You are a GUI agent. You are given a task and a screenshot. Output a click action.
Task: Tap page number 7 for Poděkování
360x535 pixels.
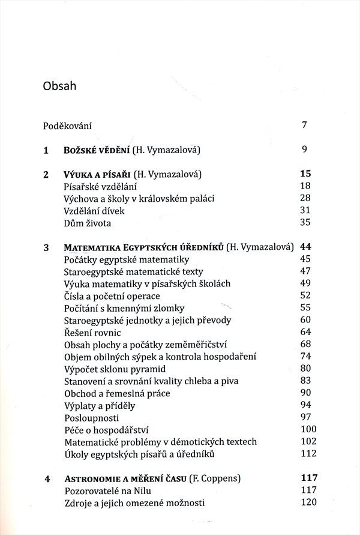point(305,125)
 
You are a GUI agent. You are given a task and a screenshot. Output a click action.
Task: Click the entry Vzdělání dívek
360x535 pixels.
point(94,211)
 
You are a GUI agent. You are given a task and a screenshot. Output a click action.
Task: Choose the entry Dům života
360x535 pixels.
point(87,223)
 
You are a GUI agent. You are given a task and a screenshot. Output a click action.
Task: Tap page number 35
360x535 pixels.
point(305,223)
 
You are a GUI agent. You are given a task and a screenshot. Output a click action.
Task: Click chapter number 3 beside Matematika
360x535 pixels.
point(46,247)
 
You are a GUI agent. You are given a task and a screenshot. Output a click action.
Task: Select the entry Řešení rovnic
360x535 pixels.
point(92,332)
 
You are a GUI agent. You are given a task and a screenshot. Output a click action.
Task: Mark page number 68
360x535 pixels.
point(305,344)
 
